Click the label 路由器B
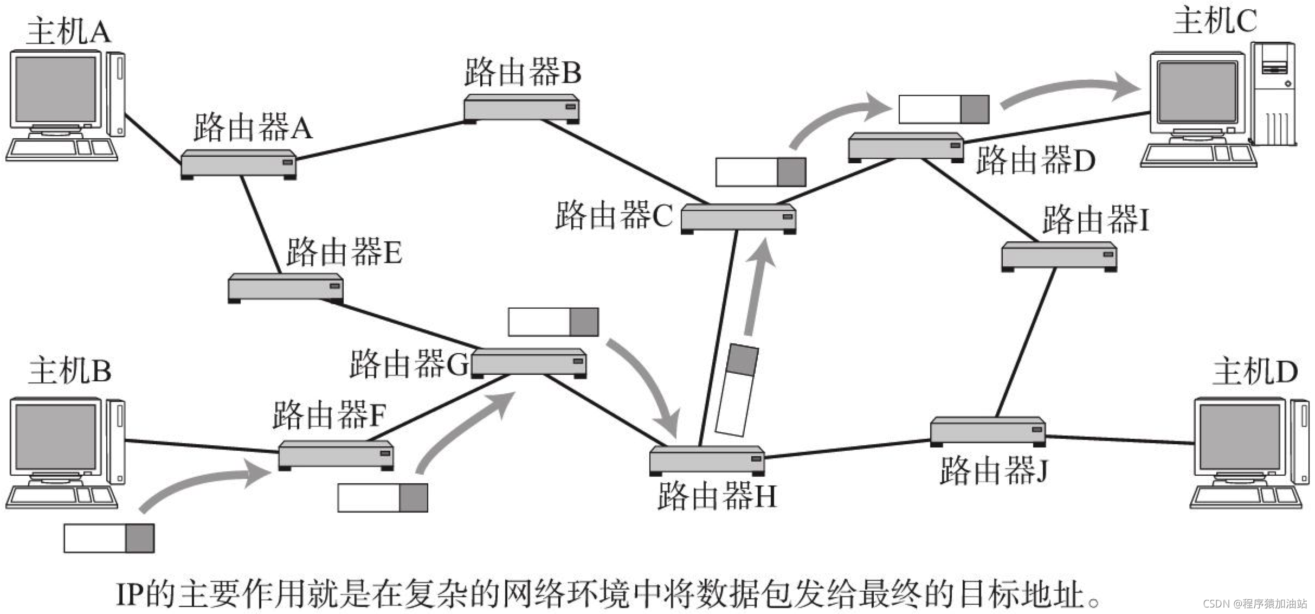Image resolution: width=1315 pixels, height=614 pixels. click(523, 72)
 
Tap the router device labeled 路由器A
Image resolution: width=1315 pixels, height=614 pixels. click(238, 164)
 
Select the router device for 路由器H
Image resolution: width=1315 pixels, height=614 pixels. click(707, 460)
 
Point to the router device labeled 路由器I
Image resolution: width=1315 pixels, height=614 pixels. click(1059, 255)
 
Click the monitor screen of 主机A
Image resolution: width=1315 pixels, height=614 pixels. click(55, 89)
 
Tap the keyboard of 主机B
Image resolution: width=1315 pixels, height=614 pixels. click(61, 496)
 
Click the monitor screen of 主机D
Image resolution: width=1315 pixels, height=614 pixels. click(1239, 437)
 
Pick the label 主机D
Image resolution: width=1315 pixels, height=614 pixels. click(1255, 372)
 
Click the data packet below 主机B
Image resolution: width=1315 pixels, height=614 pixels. click(109, 538)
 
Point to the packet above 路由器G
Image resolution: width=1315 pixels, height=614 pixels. click(553, 322)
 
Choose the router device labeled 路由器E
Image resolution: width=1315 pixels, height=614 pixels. click(285, 287)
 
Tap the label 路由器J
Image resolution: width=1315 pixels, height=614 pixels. click(993, 470)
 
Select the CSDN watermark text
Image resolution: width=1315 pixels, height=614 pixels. click(1254, 604)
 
